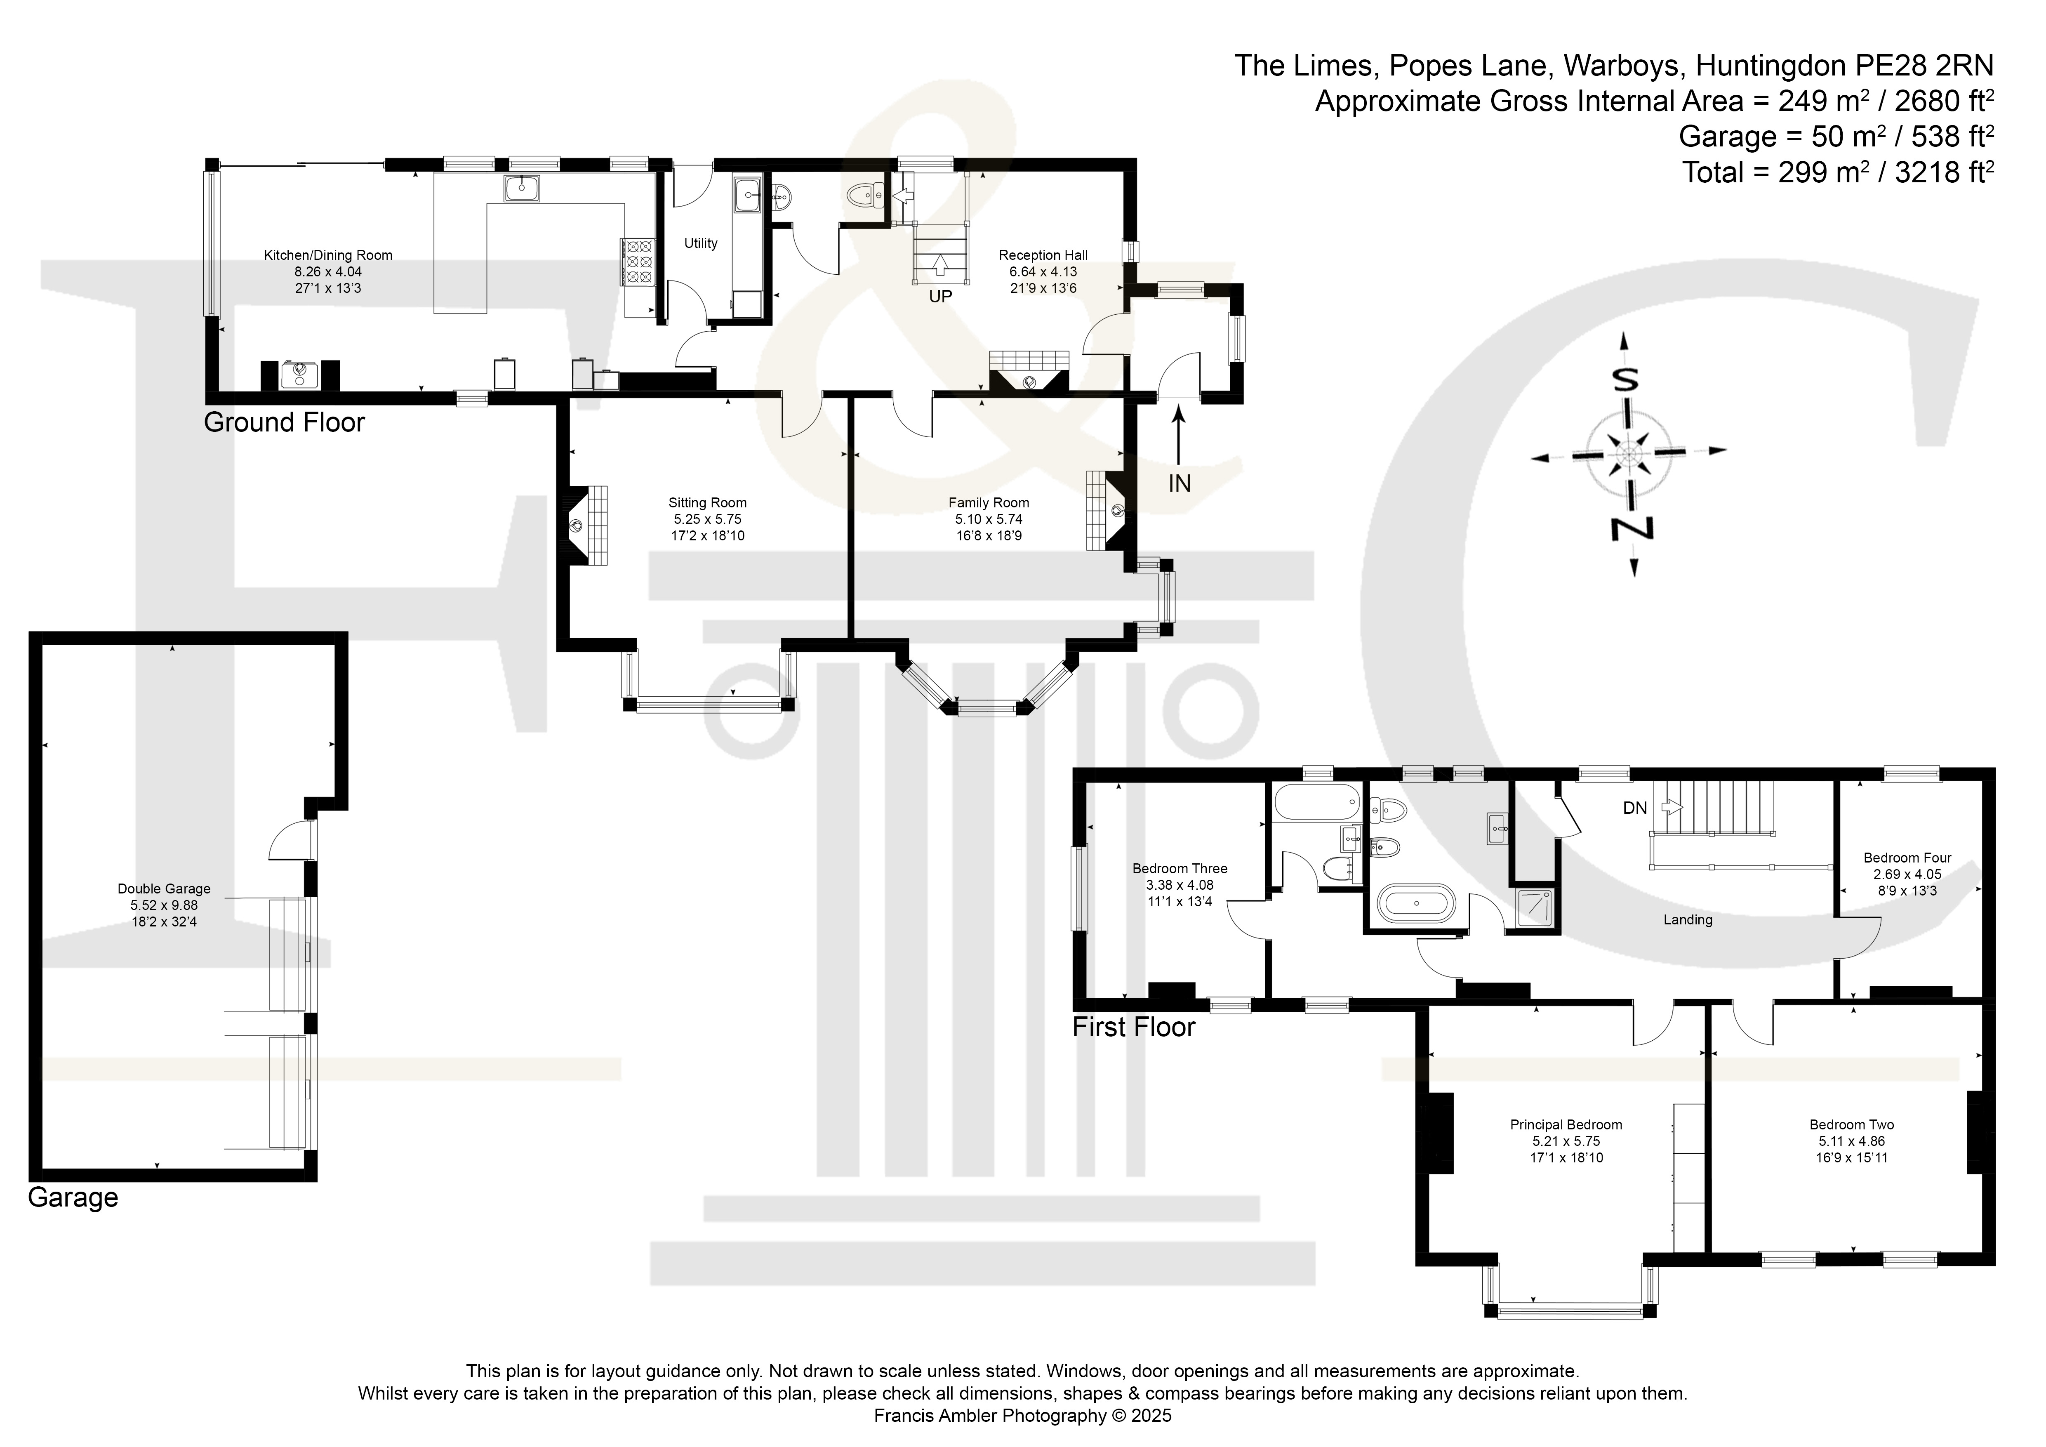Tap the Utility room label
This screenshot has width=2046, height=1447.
click(x=700, y=243)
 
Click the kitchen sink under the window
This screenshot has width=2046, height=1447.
click(x=521, y=188)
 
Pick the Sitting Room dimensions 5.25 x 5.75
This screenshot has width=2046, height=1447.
click(x=708, y=518)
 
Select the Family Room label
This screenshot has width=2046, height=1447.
click(x=988, y=502)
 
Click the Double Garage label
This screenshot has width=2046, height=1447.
click(x=164, y=888)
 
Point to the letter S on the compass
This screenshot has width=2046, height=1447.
click(x=1627, y=380)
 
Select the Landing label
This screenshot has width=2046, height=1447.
click(x=1688, y=919)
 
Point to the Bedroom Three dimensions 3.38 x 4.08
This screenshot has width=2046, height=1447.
click(x=1180, y=885)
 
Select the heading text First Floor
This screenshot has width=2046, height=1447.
click(x=1133, y=1028)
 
